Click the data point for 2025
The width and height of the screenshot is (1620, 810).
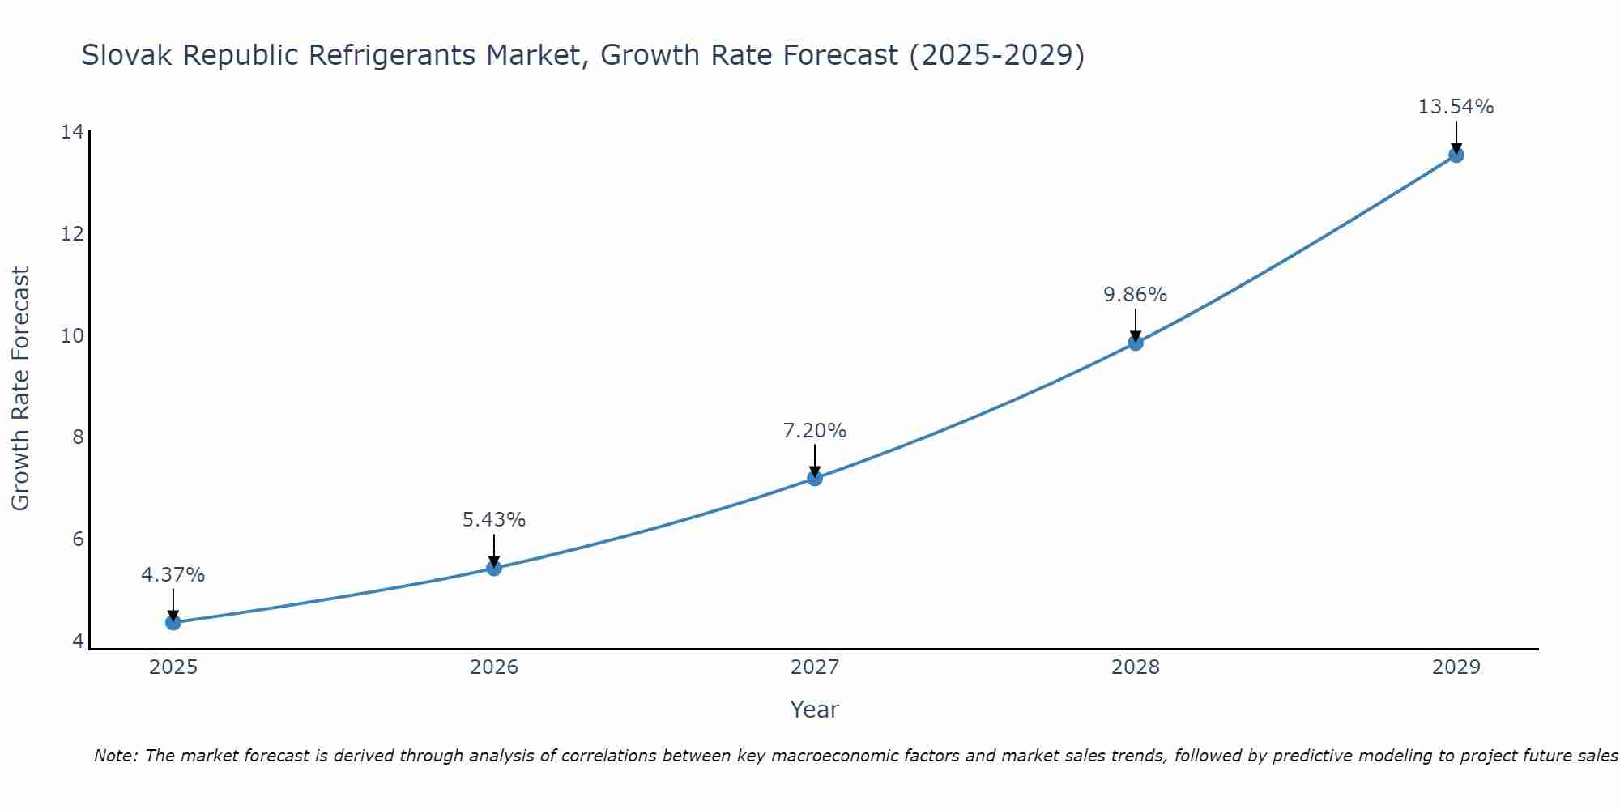coord(173,622)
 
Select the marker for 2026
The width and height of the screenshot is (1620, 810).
coord(494,568)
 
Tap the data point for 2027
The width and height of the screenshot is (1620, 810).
coord(815,478)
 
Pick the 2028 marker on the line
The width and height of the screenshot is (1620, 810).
coord(1136,343)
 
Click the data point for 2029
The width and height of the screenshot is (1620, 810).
coord(1456,155)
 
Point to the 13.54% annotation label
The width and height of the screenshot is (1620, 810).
coord(1456,107)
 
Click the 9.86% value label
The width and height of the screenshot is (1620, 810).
coord(1135,295)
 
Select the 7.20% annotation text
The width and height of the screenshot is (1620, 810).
coord(814,431)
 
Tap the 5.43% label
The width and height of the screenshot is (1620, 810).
coord(493,520)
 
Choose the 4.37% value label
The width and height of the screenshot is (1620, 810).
coord(173,575)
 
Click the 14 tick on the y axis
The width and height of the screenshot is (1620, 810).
coord(72,132)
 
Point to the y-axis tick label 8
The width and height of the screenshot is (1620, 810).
coord(78,437)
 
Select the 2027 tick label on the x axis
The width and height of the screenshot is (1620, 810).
coord(815,667)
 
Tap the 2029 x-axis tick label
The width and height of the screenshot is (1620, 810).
coord(1456,667)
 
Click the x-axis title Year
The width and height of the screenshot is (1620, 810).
coord(814,710)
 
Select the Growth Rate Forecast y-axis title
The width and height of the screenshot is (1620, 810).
coord(21,389)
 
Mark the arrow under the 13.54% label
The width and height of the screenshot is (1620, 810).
coord(1456,136)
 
